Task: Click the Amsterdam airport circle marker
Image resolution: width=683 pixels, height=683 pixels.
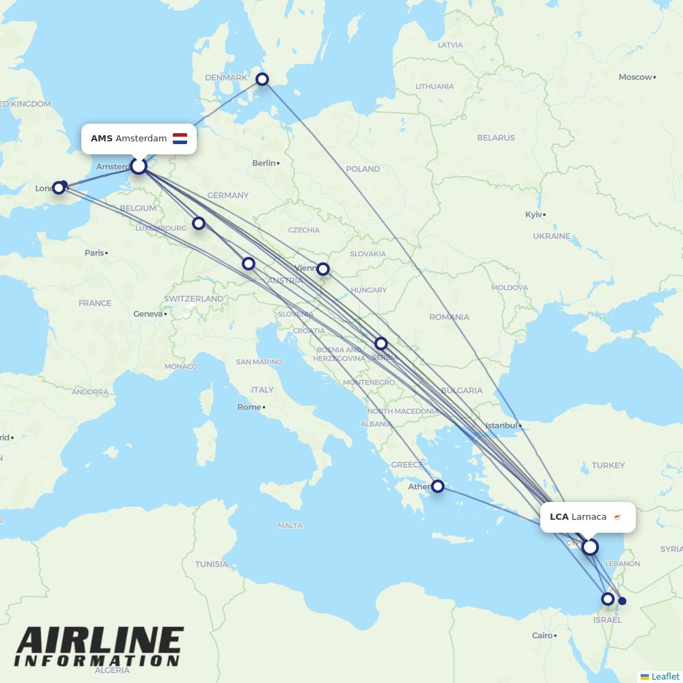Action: coord(139,166)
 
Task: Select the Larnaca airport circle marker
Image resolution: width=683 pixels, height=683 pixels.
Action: coord(590,547)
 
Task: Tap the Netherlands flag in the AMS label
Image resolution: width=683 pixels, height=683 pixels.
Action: coord(180,139)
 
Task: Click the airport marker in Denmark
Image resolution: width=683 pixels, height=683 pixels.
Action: coord(262,79)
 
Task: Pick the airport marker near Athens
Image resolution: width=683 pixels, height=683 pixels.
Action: coord(438,486)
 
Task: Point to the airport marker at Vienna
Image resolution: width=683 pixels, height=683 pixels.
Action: coord(324,269)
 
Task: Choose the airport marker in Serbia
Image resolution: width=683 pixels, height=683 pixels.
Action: coord(381,344)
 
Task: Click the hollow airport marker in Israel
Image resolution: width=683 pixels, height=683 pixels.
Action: coord(607,599)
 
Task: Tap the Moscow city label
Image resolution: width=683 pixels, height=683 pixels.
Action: coord(635,77)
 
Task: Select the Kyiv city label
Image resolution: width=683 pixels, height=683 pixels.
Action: coord(533,214)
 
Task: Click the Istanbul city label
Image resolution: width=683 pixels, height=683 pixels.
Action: coord(501,426)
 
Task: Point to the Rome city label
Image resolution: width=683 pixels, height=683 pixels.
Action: coord(249,407)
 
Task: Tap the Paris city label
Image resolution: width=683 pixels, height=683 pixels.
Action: coord(94,253)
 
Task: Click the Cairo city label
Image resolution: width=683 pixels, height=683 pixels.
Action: coord(542,635)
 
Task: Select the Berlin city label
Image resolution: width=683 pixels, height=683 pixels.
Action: coord(264,163)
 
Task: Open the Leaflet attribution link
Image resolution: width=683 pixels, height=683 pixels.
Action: coord(665,676)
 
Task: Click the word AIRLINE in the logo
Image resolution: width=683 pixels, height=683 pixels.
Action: coord(100,641)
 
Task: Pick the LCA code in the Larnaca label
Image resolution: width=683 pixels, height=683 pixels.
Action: coord(559,517)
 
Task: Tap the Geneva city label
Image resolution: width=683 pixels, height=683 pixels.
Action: coord(148,313)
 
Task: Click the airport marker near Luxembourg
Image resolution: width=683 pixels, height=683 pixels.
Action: coord(199,223)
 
